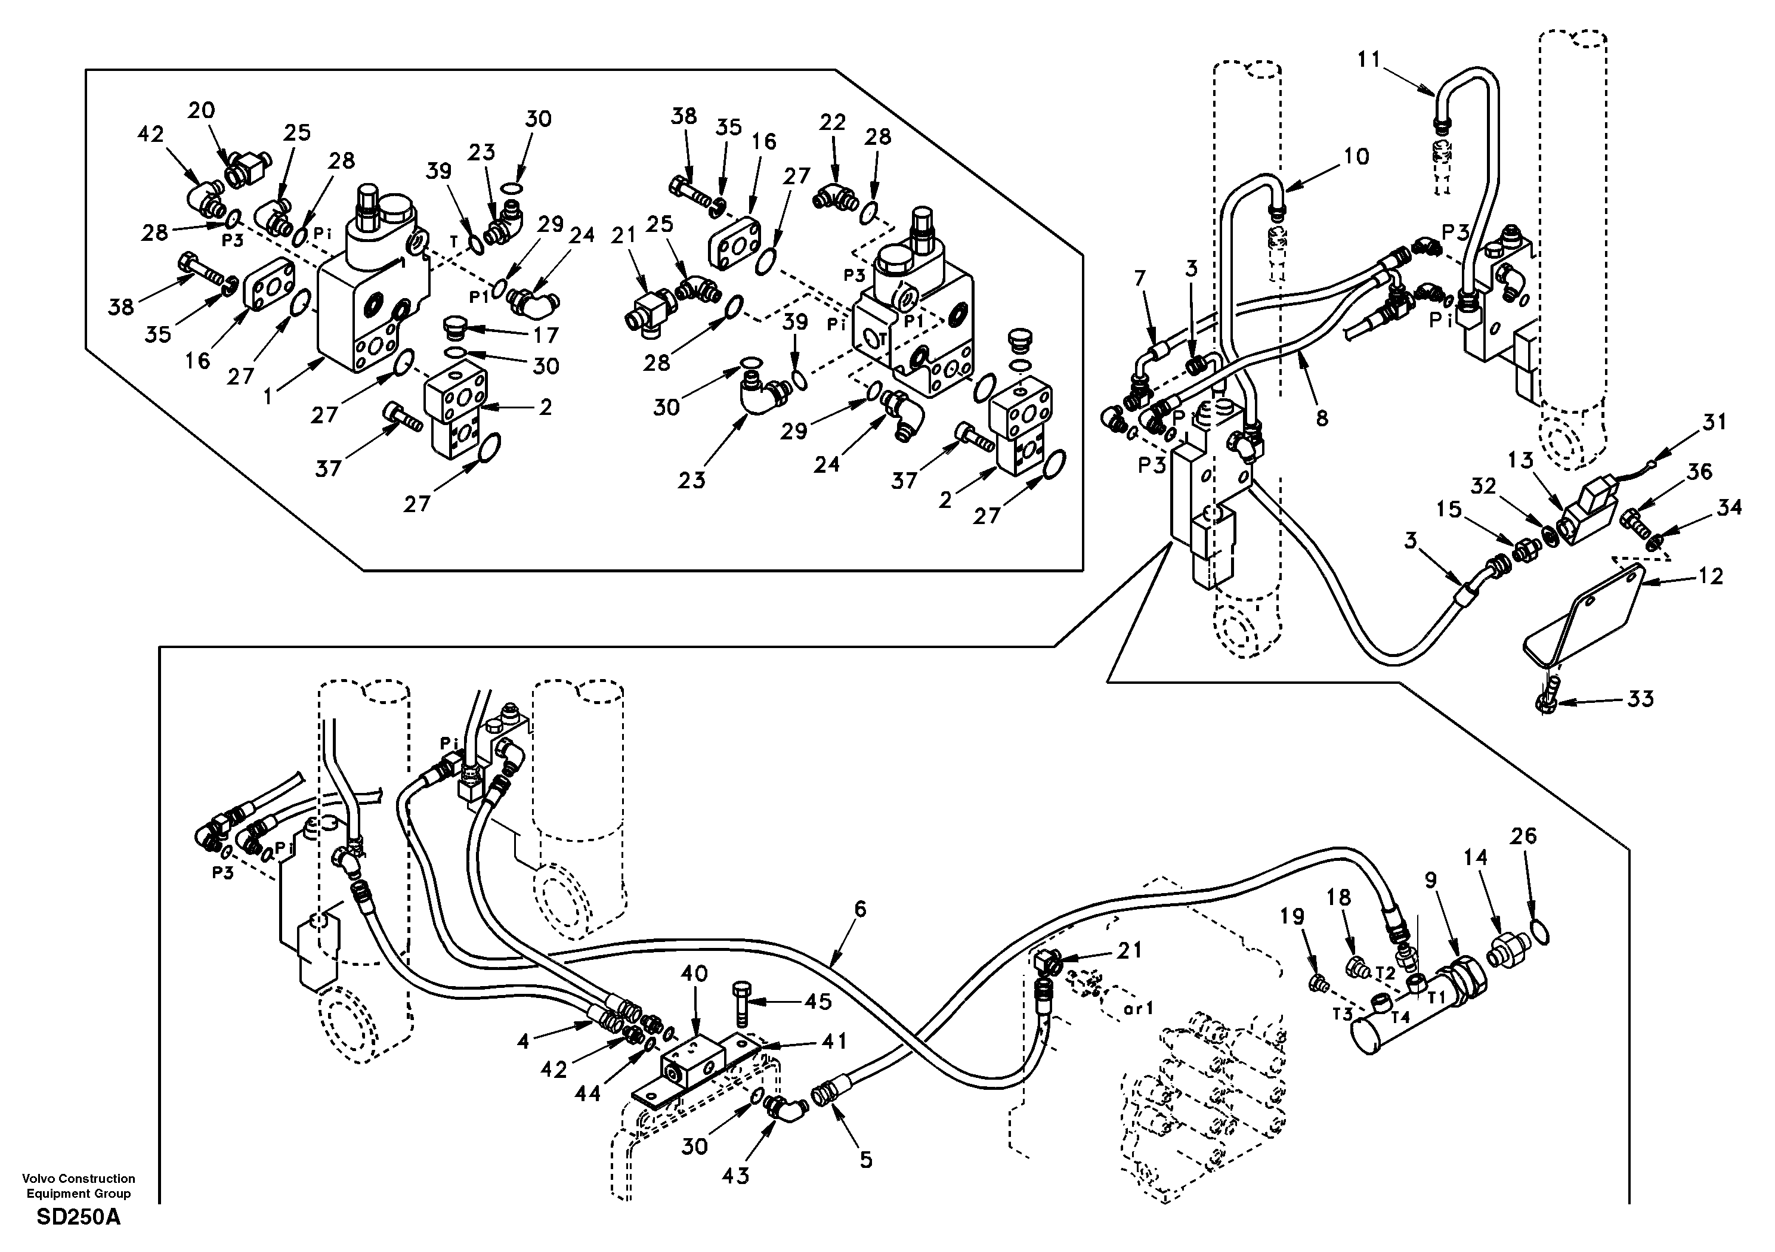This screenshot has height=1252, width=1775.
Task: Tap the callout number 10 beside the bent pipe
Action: [x=1356, y=157]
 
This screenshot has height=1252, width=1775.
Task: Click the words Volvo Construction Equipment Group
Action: [x=79, y=1186]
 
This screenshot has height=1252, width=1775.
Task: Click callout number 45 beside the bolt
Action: [x=817, y=1002]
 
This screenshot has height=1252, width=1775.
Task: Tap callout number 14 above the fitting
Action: [x=1475, y=857]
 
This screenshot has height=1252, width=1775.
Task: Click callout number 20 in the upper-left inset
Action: [x=201, y=110]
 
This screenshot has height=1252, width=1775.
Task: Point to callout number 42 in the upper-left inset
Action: [x=151, y=135]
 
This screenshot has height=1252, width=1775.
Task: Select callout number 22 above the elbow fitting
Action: [x=833, y=123]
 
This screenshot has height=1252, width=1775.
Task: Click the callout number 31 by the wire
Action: [x=1714, y=423]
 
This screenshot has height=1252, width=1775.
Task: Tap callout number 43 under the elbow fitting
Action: [x=735, y=1176]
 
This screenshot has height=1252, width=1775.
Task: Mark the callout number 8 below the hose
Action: [x=1322, y=418]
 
